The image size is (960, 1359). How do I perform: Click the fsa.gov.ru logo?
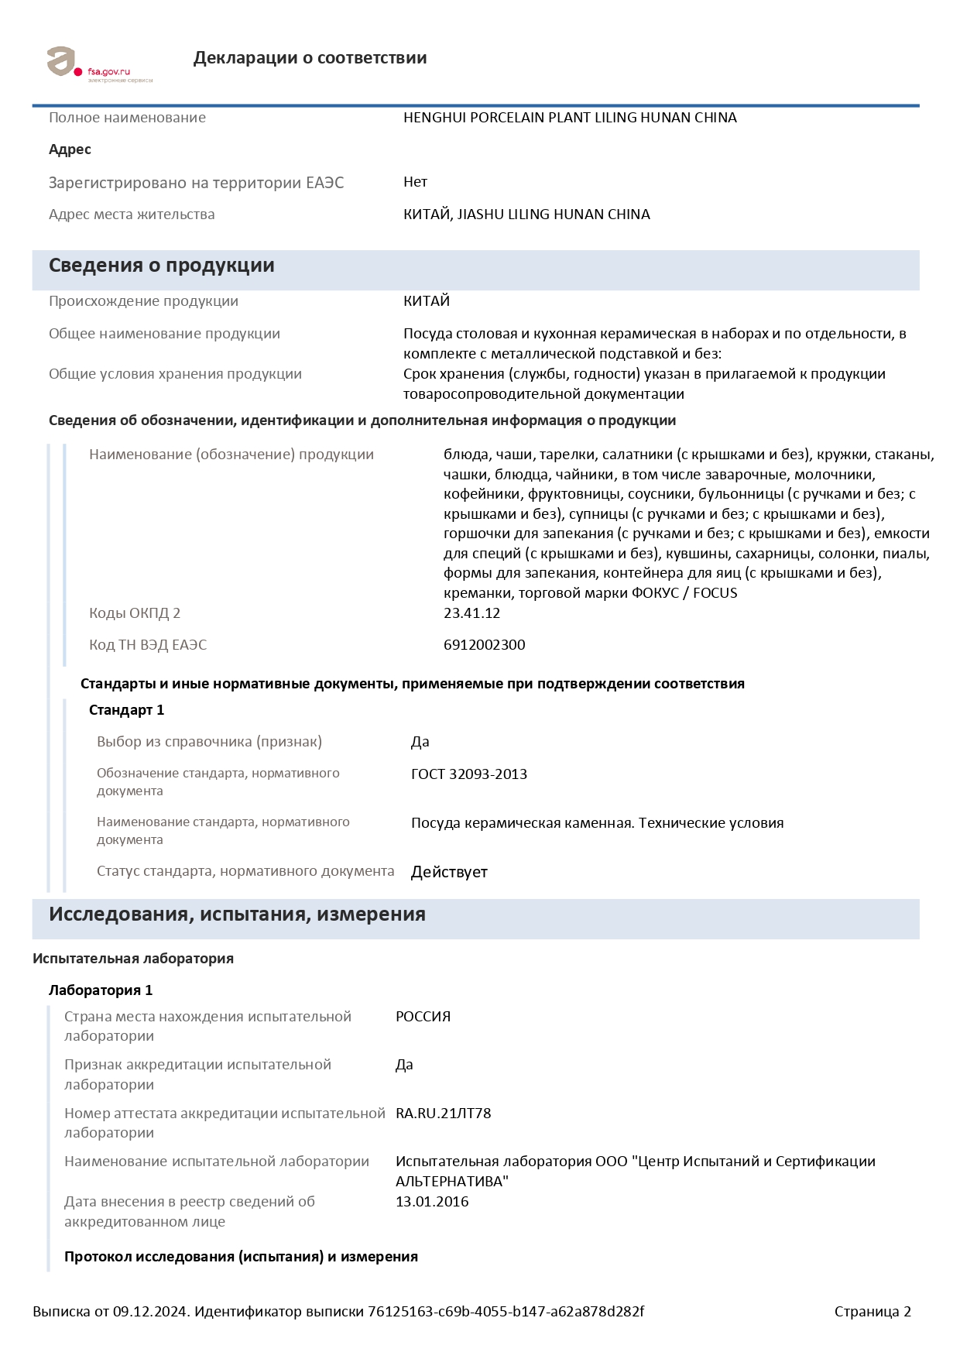pyautogui.click(x=99, y=64)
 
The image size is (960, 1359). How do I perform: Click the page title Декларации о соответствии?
pyautogui.click(x=310, y=58)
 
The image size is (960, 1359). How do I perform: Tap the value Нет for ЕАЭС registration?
pyautogui.click(x=415, y=182)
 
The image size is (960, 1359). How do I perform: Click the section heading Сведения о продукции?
pyautogui.click(x=161, y=266)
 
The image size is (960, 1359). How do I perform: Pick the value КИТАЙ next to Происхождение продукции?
pyautogui.click(x=427, y=301)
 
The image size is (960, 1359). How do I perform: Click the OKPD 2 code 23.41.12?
pyautogui.click(x=471, y=613)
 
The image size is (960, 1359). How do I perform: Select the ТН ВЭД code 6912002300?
pyautogui.click(x=484, y=645)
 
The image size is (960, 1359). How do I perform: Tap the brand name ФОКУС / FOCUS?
pyautogui.click(x=684, y=593)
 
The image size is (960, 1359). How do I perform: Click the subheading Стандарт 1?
pyautogui.click(x=126, y=710)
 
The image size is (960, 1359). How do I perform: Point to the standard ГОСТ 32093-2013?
pyautogui.click(x=468, y=774)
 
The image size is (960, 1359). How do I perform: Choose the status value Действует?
pyautogui.click(x=449, y=872)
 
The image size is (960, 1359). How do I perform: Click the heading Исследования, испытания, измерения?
pyautogui.click(x=237, y=915)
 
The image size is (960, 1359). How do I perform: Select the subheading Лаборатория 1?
pyautogui.click(x=101, y=990)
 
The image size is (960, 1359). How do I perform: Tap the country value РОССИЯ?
pyautogui.click(x=423, y=1017)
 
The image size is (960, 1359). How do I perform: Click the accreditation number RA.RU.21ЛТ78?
pyautogui.click(x=443, y=1114)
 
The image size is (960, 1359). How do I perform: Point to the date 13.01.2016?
pyautogui.click(x=432, y=1202)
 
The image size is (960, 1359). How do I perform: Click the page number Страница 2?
pyautogui.click(x=873, y=1312)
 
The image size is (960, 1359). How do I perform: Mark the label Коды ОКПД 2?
pyautogui.click(x=135, y=613)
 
